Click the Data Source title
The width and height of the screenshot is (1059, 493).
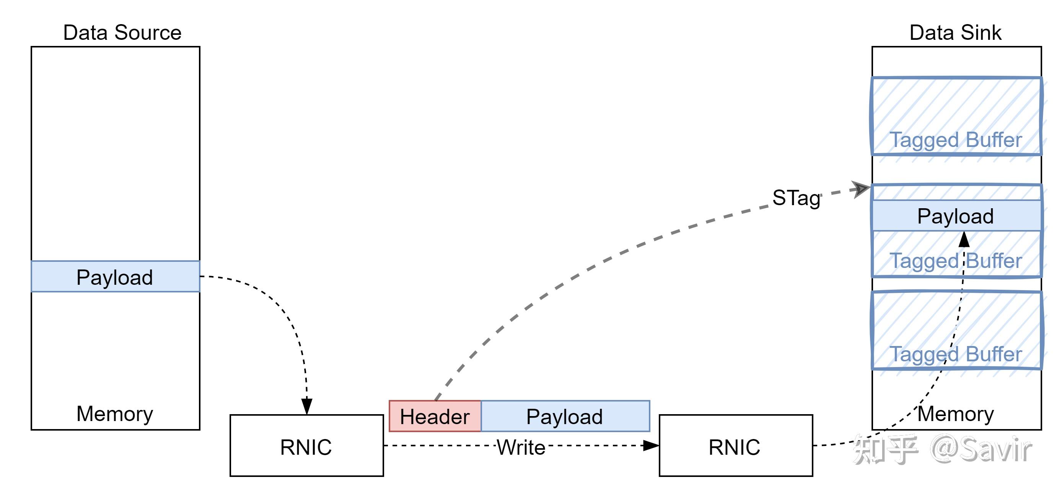[x=122, y=33]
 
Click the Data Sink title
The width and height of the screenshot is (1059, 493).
[x=955, y=33]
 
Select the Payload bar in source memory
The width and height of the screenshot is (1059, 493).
[x=115, y=277]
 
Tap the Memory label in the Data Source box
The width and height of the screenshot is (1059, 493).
[x=115, y=414]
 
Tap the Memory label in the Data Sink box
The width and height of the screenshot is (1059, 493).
[x=955, y=414]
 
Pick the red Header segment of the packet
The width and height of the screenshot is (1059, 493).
[x=435, y=416]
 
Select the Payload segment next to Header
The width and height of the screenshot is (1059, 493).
[x=565, y=416]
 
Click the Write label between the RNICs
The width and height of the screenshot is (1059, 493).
[x=521, y=447]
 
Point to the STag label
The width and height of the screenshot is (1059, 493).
[x=796, y=198]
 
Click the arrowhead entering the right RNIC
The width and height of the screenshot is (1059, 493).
[x=651, y=445]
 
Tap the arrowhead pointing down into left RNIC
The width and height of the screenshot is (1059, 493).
[x=307, y=406]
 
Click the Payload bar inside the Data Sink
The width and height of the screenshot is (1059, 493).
[x=955, y=216]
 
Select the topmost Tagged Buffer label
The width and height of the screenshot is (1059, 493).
[x=955, y=140]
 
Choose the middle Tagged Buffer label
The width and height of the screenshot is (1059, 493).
[x=955, y=261]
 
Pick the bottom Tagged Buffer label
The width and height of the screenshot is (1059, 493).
[x=955, y=354]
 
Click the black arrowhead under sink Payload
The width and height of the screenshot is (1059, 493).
[x=964, y=240]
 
